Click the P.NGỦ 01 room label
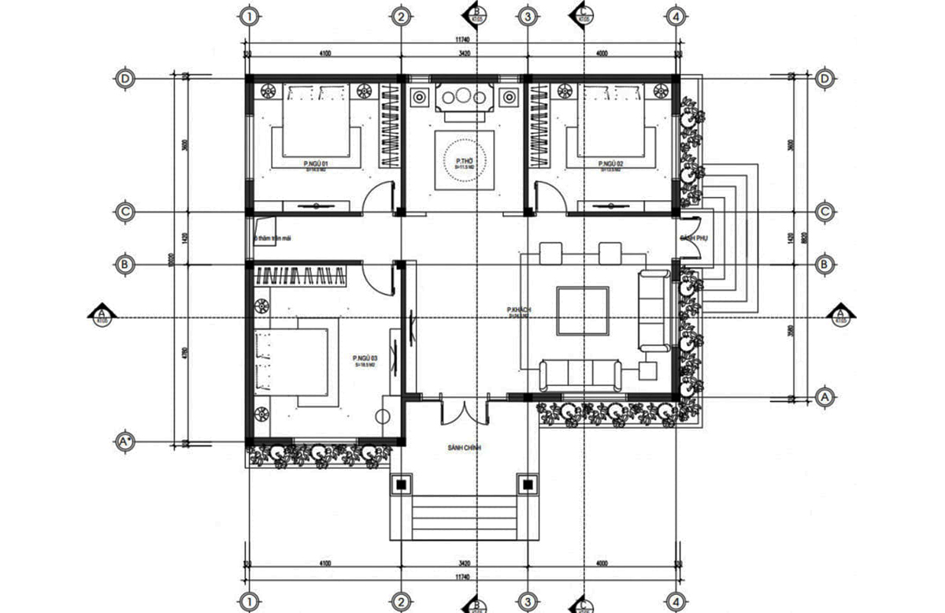tap(315, 164)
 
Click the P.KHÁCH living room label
tap(519, 310)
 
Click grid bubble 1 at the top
tap(249, 16)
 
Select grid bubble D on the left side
tap(124, 79)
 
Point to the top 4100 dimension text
tap(324, 54)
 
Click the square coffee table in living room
tap(582, 311)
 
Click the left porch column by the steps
tap(401, 483)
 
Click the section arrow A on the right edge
tap(839, 313)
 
